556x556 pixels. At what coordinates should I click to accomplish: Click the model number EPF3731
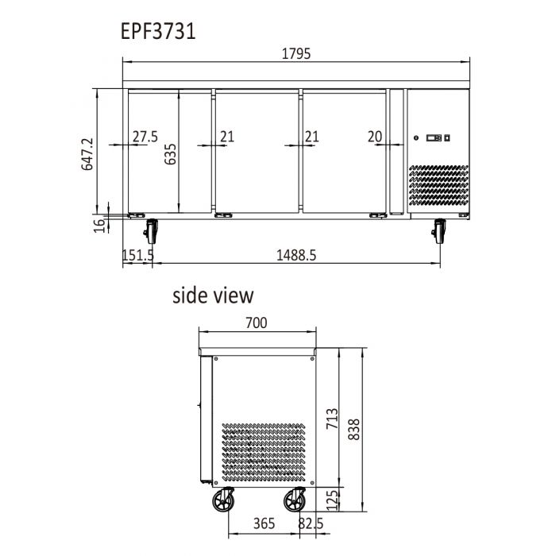pyautogui.click(x=157, y=32)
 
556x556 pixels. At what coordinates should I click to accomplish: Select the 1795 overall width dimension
pyautogui.click(x=296, y=54)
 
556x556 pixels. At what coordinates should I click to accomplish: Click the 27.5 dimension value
pyautogui.click(x=145, y=137)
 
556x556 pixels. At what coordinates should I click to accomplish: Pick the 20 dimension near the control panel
pyautogui.click(x=375, y=137)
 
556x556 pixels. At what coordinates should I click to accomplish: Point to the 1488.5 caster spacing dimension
pyautogui.click(x=296, y=255)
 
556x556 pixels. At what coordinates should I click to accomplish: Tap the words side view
pyautogui.click(x=214, y=295)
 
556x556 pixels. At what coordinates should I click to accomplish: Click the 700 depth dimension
pyautogui.click(x=256, y=322)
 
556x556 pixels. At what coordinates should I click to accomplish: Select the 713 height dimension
pyautogui.click(x=332, y=418)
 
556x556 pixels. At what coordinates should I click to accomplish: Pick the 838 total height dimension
pyautogui.click(x=354, y=429)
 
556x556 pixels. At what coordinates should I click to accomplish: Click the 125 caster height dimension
pyautogui.click(x=332, y=499)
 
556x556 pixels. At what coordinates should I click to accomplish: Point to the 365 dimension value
pyautogui.click(x=264, y=523)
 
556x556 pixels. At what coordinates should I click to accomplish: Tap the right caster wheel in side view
pyautogui.click(x=295, y=500)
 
